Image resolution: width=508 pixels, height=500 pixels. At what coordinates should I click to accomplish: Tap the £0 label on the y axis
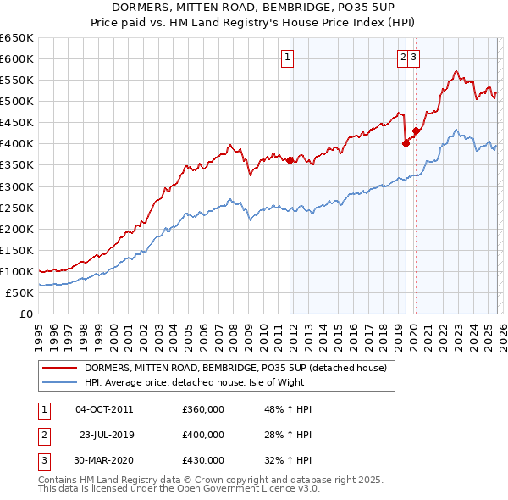pyautogui.click(x=25, y=314)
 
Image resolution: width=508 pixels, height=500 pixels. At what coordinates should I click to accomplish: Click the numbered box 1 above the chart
pyautogui.click(x=288, y=58)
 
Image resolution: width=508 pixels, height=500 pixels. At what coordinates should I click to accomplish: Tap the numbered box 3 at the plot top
pyautogui.click(x=416, y=58)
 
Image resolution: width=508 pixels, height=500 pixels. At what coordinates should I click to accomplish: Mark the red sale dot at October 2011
pyautogui.click(x=290, y=160)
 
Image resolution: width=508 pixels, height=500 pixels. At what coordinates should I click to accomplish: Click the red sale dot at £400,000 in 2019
pyautogui.click(x=406, y=143)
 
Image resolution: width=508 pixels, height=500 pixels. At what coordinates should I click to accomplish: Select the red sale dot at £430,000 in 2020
pyautogui.click(x=416, y=131)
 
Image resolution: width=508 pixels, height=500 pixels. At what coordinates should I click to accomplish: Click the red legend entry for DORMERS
pyautogui.click(x=235, y=368)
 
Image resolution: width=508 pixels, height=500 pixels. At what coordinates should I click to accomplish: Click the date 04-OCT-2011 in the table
pyautogui.click(x=104, y=409)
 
